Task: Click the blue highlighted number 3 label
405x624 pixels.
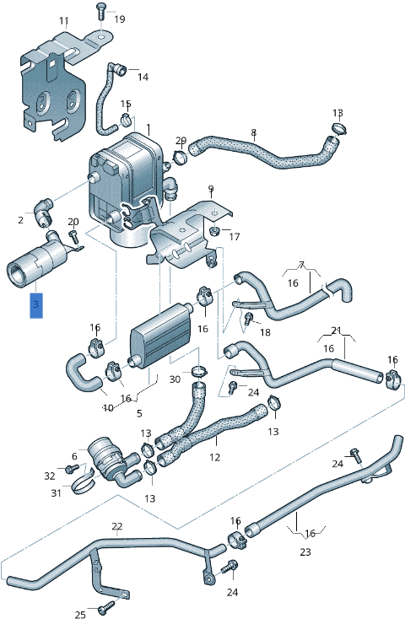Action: (x=36, y=305)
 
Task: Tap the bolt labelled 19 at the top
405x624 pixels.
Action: (x=100, y=12)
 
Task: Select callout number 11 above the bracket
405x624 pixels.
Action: (x=64, y=21)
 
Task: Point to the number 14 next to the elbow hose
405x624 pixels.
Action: (x=143, y=77)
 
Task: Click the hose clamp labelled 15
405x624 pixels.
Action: (x=126, y=119)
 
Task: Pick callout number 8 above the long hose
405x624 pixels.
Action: (x=254, y=132)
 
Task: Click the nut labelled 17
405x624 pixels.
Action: (x=215, y=230)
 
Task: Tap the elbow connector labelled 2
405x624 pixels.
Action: (x=41, y=212)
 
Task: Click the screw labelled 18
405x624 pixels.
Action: (x=249, y=319)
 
